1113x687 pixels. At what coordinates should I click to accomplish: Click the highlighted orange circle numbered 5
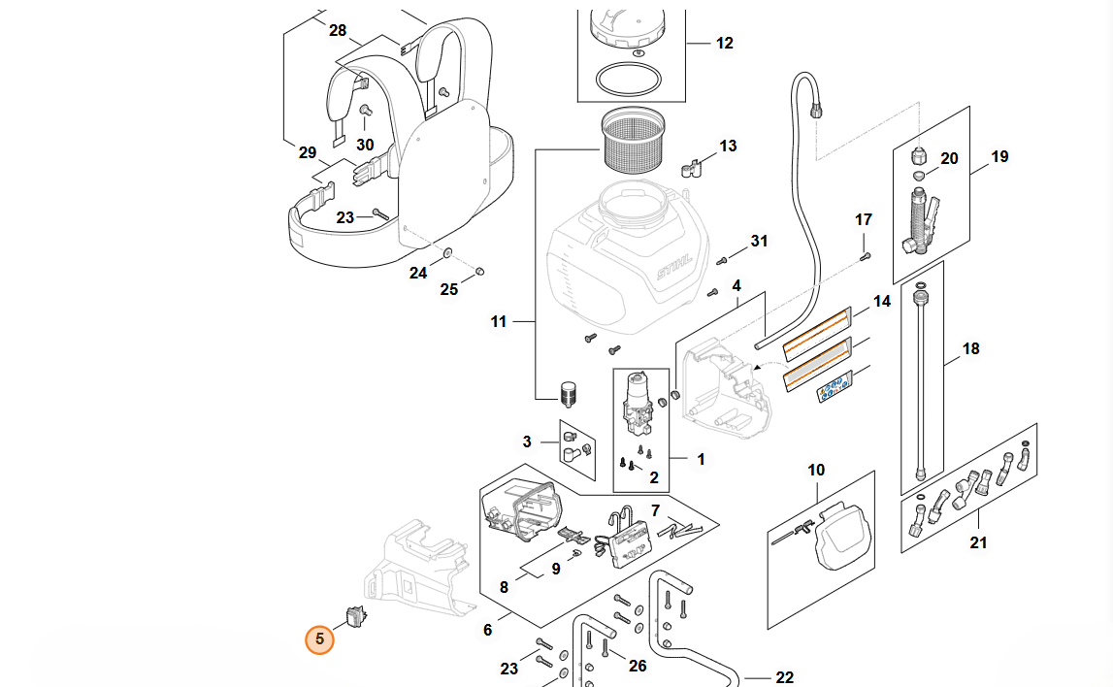pos(319,639)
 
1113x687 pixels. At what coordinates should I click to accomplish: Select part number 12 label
pos(725,43)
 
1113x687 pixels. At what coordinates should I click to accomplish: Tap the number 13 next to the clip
pos(728,146)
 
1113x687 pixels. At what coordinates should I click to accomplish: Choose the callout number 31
pos(759,241)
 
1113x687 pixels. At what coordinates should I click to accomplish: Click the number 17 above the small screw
pos(864,219)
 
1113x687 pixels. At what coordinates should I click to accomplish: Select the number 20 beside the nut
pos(949,158)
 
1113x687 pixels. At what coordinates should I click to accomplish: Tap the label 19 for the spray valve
pos(999,156)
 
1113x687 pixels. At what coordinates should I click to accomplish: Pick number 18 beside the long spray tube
pos(970,347)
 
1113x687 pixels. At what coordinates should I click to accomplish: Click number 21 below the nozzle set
pos(978,542)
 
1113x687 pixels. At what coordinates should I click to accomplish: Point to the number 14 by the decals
pos(881,302)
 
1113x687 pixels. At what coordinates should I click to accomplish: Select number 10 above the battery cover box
pos(816,470)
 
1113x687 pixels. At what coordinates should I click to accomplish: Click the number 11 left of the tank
pos(499,321)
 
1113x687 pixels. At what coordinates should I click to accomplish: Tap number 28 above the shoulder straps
pos(337,30)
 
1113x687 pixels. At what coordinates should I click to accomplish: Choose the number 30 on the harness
pos(365,145)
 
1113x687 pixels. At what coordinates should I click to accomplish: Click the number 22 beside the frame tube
pos(785,677)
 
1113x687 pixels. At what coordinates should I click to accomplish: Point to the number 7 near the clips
pos(655,510)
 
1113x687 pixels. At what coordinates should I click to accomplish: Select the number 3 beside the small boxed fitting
pos(527,442)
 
